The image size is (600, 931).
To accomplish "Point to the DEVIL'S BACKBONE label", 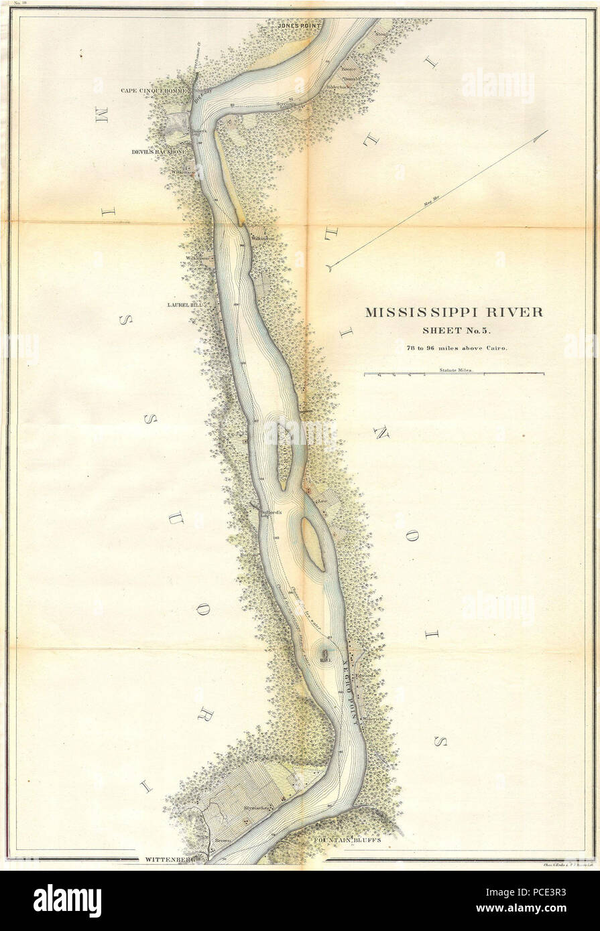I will pyautogui.click(x=159, y=152).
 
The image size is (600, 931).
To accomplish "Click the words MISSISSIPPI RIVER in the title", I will pyautogui.click(x=454, y=311).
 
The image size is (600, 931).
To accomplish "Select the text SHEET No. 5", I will pyautogui.click(x=454, y=330).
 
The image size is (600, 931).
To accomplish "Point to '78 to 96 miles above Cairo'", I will pyautogui.click(x=454, y=347).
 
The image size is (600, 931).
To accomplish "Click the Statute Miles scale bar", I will pyautogui.click(x=454, y=374).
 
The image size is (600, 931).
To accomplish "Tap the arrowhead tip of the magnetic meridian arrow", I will pyautogui.click(x=547, y=131).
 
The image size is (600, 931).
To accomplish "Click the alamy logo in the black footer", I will pyautogui.click(x=67, y=900).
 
